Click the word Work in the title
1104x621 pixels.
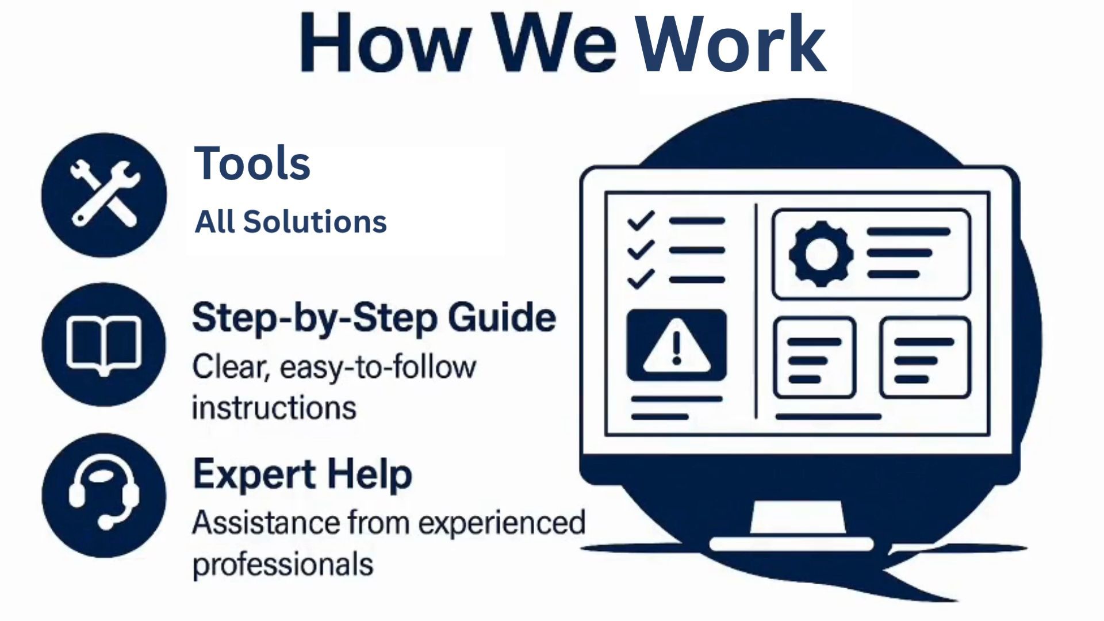point(731,44)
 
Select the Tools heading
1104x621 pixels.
point(252,163)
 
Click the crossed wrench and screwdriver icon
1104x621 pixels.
point(104,194)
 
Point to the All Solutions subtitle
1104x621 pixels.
point(290,221)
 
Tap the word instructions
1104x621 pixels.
point(274,408)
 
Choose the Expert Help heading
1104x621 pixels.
point(302,475)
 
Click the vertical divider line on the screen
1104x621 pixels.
point(756,311)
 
